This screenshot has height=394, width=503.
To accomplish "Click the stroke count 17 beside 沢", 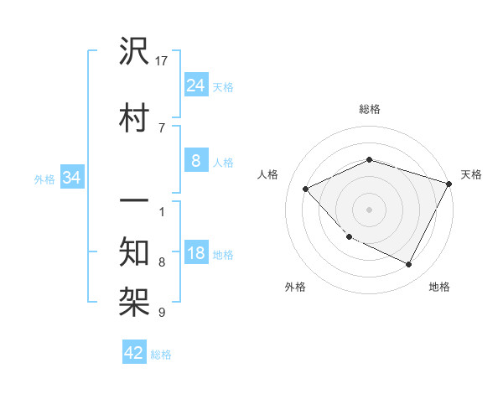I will [x=162, y=61].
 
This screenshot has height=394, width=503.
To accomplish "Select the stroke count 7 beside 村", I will [x=161, y=127].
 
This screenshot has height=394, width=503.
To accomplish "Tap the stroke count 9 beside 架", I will [x=161, y=313].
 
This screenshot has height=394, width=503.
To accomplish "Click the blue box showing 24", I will [x=195, y=86].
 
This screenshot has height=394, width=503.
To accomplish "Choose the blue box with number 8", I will [x=195, y=161].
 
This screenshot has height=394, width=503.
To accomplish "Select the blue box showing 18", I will [x=195, y=253].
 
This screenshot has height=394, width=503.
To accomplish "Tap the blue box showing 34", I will [x=71, y=178].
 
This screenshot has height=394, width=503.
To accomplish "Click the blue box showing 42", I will [x=134, y=353].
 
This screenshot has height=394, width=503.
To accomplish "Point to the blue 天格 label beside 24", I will [x=223, y=87].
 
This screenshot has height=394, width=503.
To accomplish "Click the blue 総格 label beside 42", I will [x=162, y=355].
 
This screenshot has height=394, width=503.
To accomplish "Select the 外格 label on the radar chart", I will [x=295, y=288].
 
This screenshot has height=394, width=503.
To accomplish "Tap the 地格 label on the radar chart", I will [x=439, y=288].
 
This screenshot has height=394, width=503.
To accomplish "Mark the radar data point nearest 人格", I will [x=306, y=189].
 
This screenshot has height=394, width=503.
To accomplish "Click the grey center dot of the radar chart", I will [x=369, y=209].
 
